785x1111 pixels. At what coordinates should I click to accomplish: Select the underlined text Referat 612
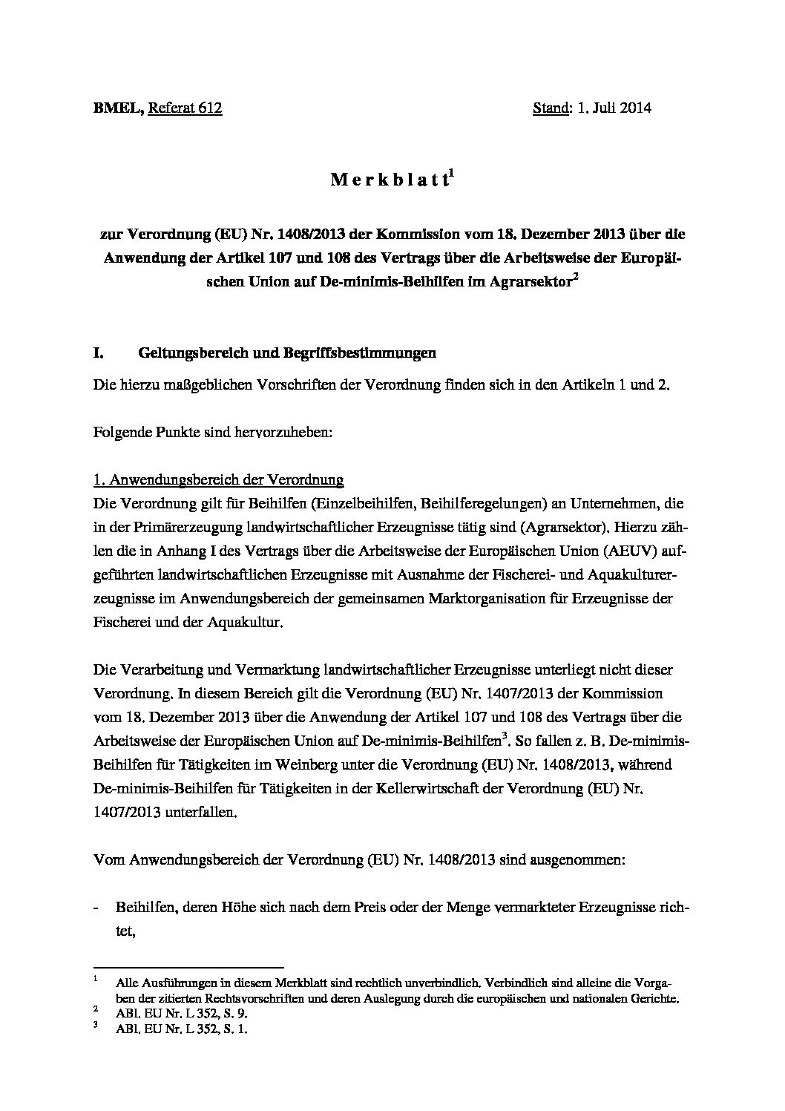pyautogui.click(x=185, y=108)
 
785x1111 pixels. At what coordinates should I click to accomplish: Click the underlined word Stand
pyautogui.click(x=550, y=108)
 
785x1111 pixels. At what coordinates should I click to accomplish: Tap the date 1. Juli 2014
pyautogui.click(x=614, y=108)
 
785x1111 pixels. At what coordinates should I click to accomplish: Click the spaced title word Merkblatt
pyautogui.click(x=388, y=180)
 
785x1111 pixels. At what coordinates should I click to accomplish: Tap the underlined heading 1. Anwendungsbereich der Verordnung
pyautogui.click(x=218, y=480)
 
